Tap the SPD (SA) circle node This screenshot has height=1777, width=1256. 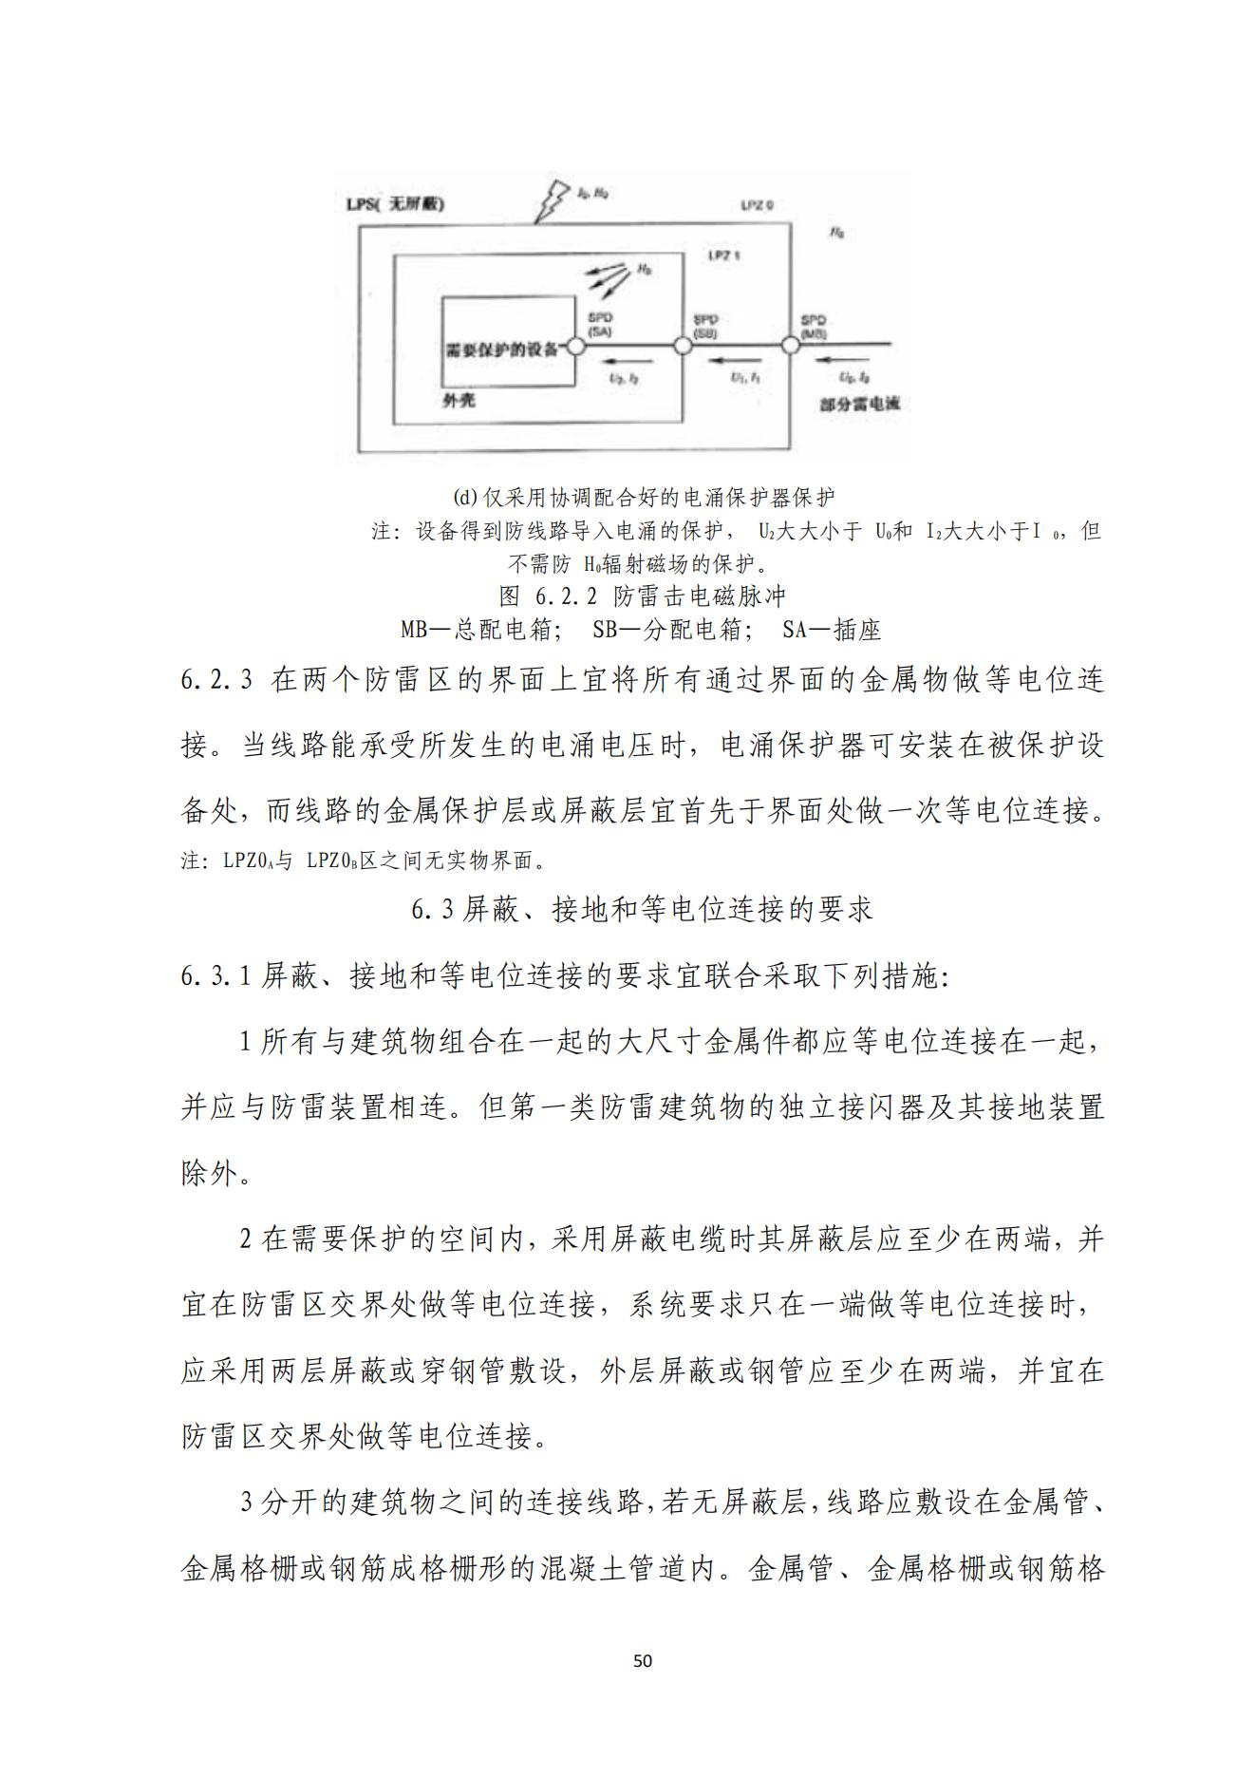pos(575,346)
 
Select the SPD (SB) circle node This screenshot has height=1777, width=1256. pos(683,346)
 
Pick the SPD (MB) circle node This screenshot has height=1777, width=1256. pos(788,346)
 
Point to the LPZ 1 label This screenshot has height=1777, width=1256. pos(723,255)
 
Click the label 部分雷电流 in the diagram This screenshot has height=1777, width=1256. pos(859,404)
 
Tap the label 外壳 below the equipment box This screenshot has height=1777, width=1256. pos(459,401)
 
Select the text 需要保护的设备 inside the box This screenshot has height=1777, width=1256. pos(503,347)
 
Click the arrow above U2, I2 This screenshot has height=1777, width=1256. pos(630,360)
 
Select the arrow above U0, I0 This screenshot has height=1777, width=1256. pos(841,360)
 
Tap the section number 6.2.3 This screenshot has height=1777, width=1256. pos(216,681)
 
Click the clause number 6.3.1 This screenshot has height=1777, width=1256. pos(216,975)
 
